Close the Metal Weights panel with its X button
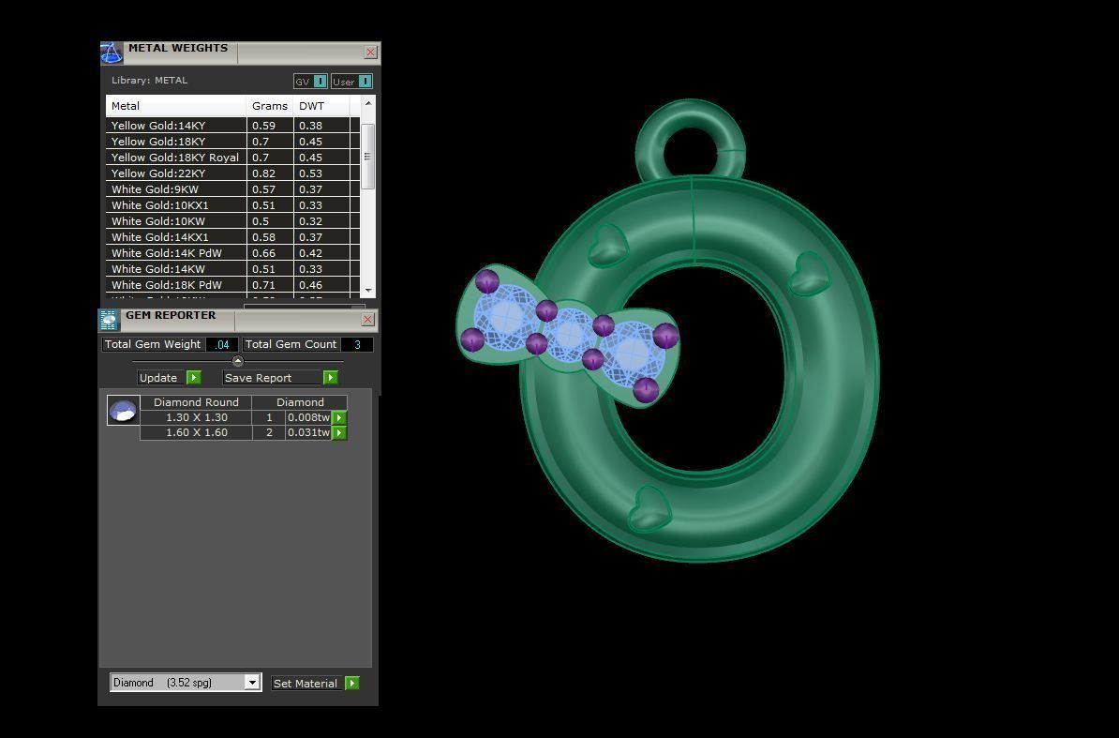(x=370, y=53)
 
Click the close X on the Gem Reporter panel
(x=367, y=320)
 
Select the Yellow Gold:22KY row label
(x=157, y=173)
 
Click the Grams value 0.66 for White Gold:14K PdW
(x=261, y=253)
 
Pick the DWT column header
(x=311, y=106)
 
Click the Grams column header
(x=269, y=106)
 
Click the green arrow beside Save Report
(x=330, y=378)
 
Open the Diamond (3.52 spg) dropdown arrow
(x=251, y=683)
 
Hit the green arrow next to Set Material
(x=351, y=684)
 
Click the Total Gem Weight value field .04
(x=222, y=344)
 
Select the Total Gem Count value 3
(x=356, y=344)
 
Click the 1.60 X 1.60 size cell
(x=196, y=432)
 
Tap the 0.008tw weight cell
(x=308, y=417)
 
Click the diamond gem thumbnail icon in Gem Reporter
(x=123, y=411)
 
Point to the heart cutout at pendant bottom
(x=648, y=508)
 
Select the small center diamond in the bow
(x=569, y=335)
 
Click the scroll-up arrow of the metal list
(x=367, y=103)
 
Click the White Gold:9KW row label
(x=155, y=189)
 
